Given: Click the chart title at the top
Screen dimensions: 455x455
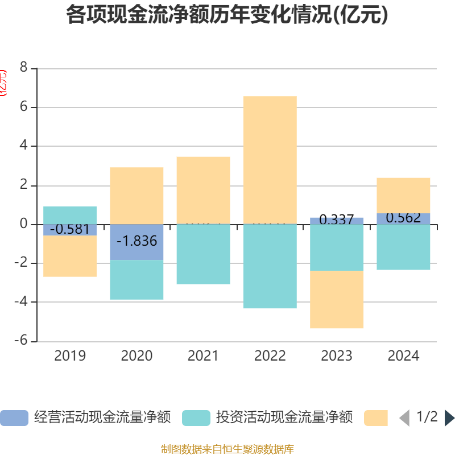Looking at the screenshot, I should coord(227,15).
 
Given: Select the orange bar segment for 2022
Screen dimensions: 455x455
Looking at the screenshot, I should coord(270,160).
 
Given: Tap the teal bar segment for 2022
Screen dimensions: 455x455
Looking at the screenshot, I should coord(270,266).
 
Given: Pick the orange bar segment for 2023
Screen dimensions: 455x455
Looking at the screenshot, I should coord(337,299).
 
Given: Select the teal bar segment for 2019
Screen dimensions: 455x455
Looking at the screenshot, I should coord(70,214).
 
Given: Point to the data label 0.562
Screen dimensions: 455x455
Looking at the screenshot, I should coord(403,218).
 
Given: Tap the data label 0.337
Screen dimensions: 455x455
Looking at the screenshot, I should coord(337,220).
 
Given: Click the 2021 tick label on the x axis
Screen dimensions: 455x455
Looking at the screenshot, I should coord(203,356).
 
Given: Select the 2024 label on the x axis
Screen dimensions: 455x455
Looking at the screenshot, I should coord(403,356).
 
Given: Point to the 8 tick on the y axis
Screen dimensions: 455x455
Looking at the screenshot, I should coord(24,68).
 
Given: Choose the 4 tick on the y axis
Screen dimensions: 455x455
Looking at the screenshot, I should coord(24,146).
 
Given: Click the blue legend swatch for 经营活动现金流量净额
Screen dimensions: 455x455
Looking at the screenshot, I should coord(14,418).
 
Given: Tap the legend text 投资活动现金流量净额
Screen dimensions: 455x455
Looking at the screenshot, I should coord(284,418).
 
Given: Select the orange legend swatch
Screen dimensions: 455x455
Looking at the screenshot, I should coord(376,418).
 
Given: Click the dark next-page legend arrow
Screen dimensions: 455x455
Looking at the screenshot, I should coord(449,418).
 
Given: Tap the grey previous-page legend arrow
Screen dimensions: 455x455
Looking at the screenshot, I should coord(404,418).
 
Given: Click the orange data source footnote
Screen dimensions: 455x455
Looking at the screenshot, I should coord(227,449).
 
